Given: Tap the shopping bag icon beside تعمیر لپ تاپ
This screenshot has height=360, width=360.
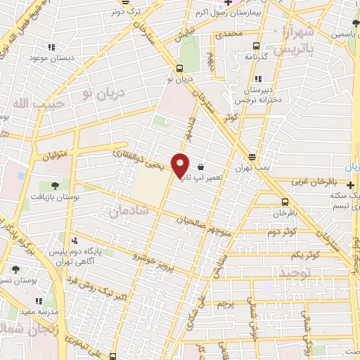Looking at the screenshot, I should [x=202, y=167].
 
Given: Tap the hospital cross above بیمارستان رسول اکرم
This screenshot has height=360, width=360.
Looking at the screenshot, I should [x=228, y=2].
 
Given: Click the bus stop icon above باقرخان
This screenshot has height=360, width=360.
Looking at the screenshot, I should [x=281, y=200].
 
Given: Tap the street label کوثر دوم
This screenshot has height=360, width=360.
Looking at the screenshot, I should [x=281, y=231].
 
